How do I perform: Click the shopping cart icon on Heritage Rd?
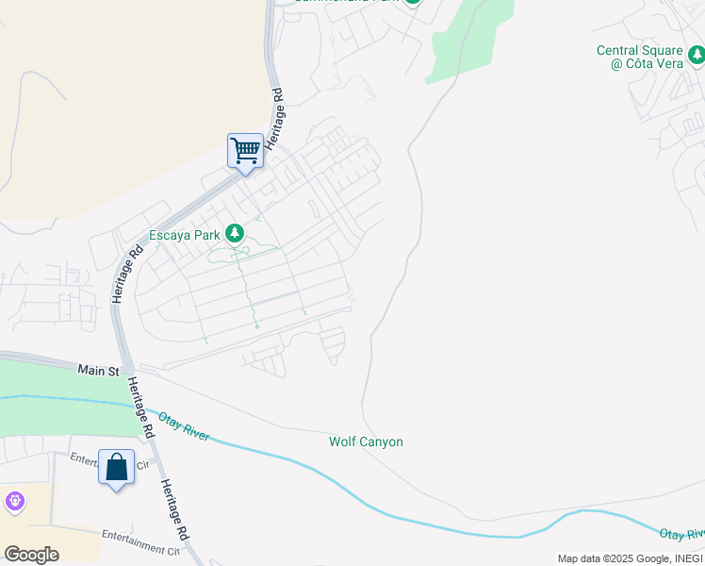(245, 150)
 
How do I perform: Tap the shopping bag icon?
(116, 467)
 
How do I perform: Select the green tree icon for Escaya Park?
(234, 234)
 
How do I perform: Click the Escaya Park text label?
(184, 235)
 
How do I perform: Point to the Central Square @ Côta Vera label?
(650, 57)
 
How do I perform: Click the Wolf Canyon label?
(366, 441)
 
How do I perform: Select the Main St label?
(99, 370)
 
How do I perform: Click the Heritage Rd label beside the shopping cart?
(274, 118)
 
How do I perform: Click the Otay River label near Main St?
(182, 425)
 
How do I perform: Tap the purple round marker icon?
(14, 502)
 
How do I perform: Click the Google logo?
(31, 554)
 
